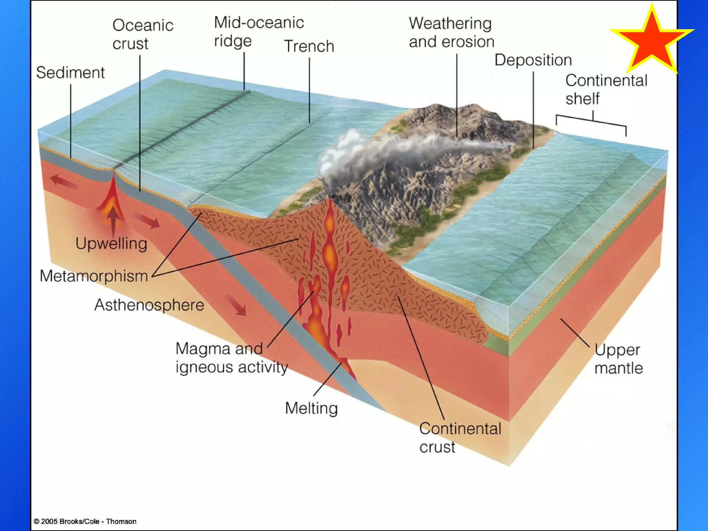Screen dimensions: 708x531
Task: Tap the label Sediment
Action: tap(70, 73)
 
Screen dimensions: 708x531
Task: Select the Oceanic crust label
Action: tap(142, 34)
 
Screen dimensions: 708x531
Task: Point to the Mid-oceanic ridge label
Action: tap(259, 31)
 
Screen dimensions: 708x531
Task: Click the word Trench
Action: tap(309, 46)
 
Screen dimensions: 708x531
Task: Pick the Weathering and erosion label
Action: tap(451, 32)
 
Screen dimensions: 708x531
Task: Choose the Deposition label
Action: tap(533, 60)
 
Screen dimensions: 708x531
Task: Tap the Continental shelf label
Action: tap(606, 89)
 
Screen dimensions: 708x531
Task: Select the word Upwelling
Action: tap(111, 244)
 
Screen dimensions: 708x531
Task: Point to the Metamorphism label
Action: tap(94, 276)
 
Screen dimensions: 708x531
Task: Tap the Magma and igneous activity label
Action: tap(231, 358)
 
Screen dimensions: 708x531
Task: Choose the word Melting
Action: tap(311, 408)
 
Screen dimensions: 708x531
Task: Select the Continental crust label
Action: tap(460, 438)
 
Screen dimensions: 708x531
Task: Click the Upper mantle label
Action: tap(618, 359)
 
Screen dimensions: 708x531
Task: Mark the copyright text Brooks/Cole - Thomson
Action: tap(85, 521)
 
